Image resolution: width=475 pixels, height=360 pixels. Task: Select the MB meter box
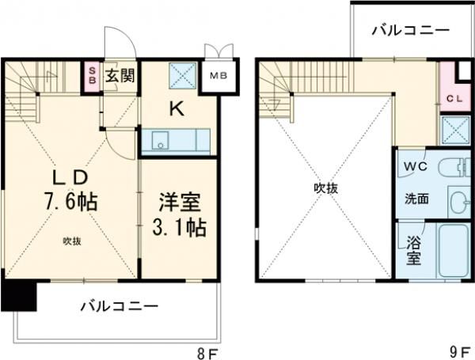point(218,78)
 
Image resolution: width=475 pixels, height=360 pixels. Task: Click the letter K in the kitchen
point(178,111)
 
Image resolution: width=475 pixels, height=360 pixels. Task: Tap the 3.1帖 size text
point(179,228)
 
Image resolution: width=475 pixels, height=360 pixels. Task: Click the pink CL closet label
point(453,99)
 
